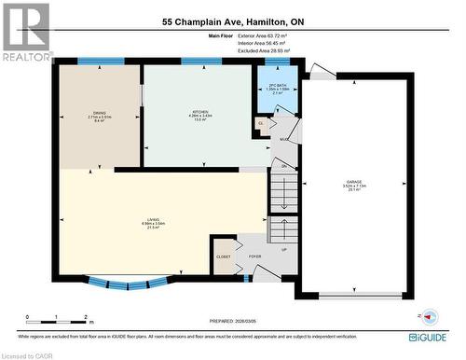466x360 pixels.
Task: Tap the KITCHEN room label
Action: pyautogui.click(x=196, y=114)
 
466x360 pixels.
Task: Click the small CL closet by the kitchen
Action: pyautogui.click(x=261, y=122)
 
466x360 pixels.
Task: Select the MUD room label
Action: pyautogui.click(x=283, y=140)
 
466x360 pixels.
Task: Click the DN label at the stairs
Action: pyautogui.click(x=282, y=167)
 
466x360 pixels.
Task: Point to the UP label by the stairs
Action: pyautogui.click(x=284, y=250)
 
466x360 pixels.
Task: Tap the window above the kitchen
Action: pyautogui.click(x=194, y=62)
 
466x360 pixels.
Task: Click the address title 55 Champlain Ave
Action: pyautogui.click(x=232, y=21)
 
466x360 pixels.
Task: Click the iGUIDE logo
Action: pyautogui.click(x=436, y=337)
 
